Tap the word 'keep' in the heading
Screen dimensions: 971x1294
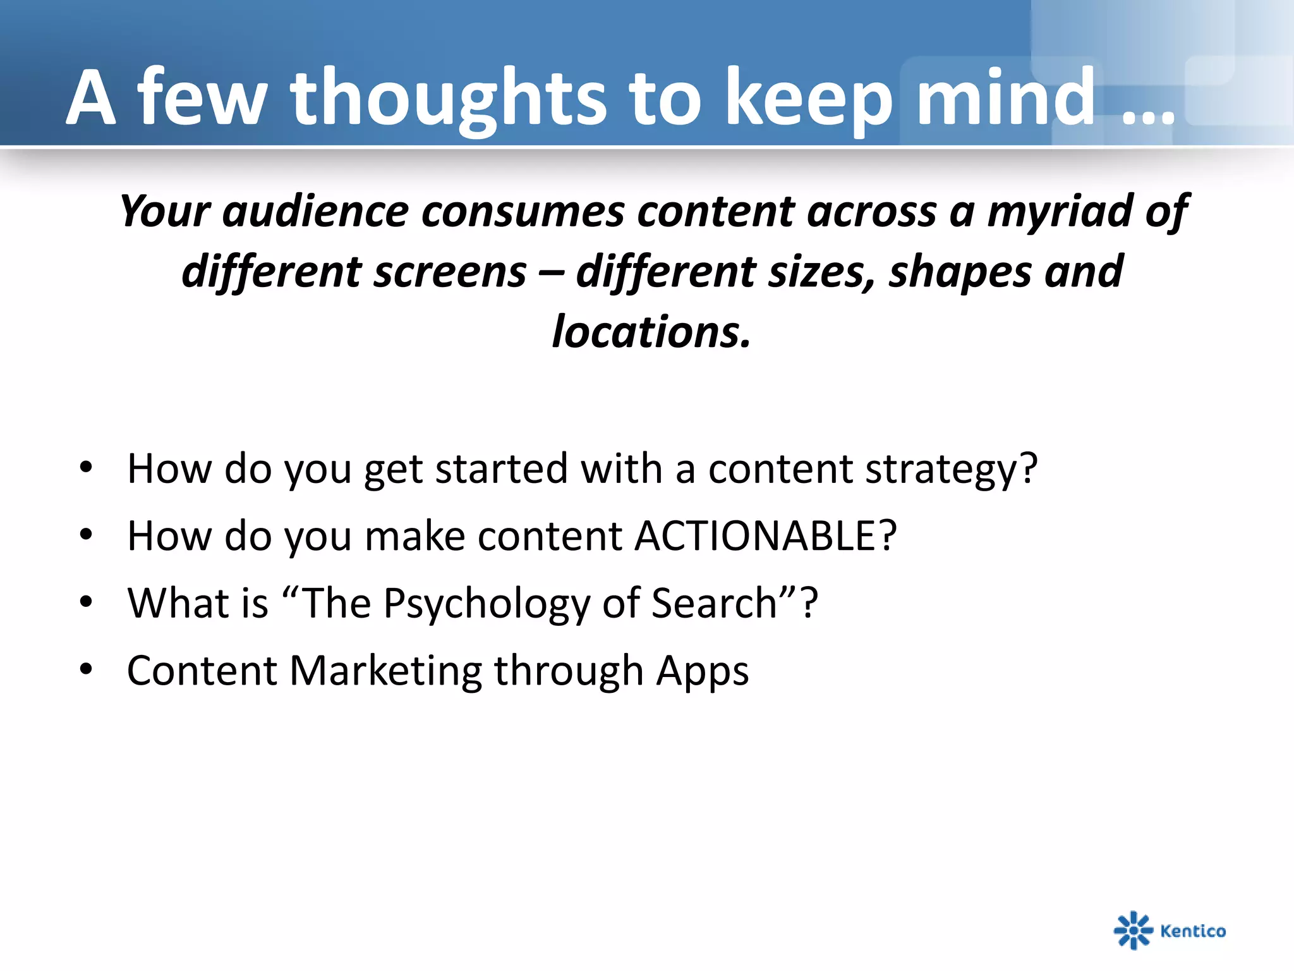pyautogui.click(x=809, y=99)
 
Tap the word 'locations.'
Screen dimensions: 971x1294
pyautogui.click(x=651, y=332)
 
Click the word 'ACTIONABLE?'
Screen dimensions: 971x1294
pyautogui.click(x=765, y=536)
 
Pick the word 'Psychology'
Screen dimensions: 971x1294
pyautogui.click(x=487, y=603)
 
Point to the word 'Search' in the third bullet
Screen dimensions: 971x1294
pyautogui.click(x=714, y=603)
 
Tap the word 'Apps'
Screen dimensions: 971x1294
pyautogui.click(x=702, y=671)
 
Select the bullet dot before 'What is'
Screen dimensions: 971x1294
pyautogui.click(x=86, y=602)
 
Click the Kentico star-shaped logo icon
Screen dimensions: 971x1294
pyautogui.click(x=1133, y=930)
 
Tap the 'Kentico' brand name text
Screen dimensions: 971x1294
pyautogui.click(x=1193, y=931)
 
